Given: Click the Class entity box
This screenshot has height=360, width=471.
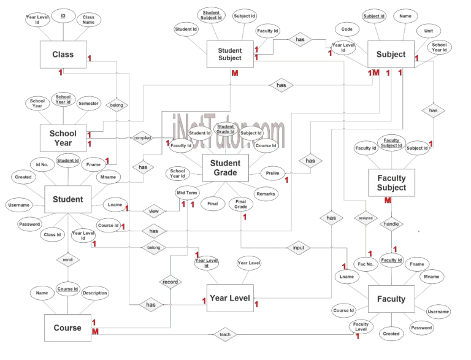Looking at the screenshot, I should (x=63, y=55).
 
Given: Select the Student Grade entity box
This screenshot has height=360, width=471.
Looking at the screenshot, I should (x=225, y=168).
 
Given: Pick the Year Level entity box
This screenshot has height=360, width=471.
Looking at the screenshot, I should (x=230, y=298).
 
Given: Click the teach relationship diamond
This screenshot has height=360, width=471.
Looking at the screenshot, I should (x=224, y=335).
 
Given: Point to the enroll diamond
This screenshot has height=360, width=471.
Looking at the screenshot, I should (x=67, y=260).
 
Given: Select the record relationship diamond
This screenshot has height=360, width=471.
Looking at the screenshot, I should (x=170, y=282).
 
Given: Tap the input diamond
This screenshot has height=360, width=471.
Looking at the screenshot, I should (x=299, y=248).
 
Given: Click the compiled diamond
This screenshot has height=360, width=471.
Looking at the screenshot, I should (x=142, y=138).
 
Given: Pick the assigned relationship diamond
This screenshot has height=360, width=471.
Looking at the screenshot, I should (x=366, y=218).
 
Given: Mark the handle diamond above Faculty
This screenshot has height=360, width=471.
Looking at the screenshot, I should (x=391, y=224).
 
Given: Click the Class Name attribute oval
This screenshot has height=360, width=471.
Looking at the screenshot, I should (x=88, y=20).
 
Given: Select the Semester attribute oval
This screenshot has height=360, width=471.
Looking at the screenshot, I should (x=90, y=104).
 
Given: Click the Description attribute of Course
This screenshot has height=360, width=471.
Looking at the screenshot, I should (x=95, y=293).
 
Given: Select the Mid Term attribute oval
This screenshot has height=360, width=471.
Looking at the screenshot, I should (x=187, y=193).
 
